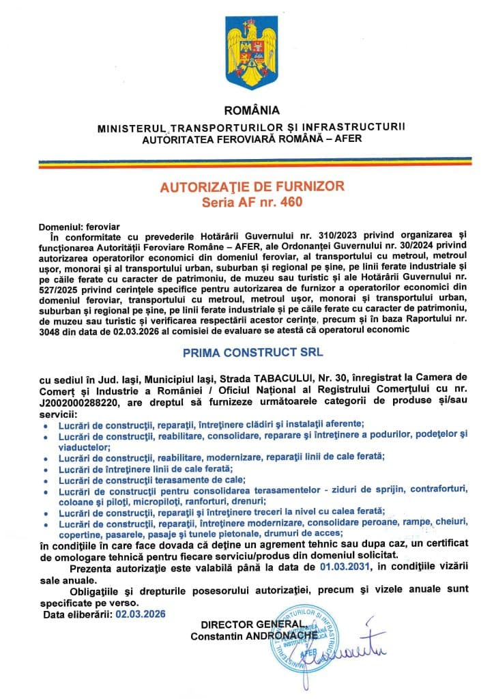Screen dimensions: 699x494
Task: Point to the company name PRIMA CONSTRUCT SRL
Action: [x=252, y=354]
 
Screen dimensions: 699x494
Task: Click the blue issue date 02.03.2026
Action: [x=141, y=614]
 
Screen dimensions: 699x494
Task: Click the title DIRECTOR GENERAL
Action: [x=250, y=625]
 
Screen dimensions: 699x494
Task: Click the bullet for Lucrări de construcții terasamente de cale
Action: [x=45, y=481]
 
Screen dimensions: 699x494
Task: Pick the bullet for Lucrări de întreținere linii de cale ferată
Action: [x=45, y=470]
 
